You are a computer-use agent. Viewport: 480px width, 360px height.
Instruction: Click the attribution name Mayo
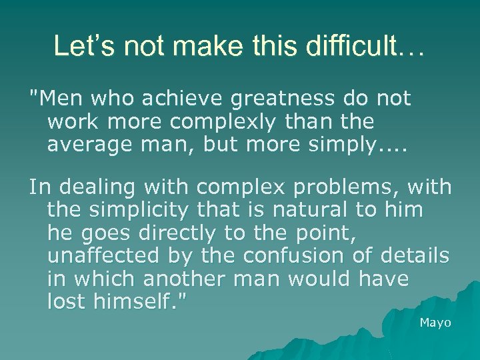(x=435, y=323)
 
